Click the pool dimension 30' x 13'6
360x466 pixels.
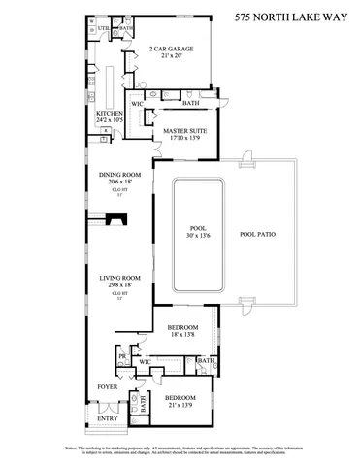[x=198, y=235]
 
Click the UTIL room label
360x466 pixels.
[x=103, y=29]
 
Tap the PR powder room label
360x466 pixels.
[x=122, y=356]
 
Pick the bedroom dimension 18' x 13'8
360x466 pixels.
[x=182, y=335]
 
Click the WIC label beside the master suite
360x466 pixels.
[x=138, y=102]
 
